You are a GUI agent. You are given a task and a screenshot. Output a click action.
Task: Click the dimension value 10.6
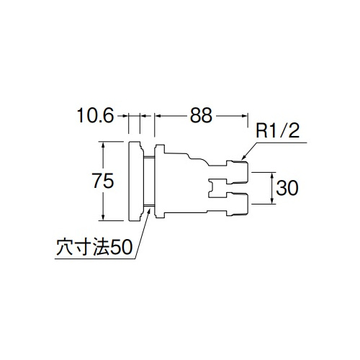pos(95,115)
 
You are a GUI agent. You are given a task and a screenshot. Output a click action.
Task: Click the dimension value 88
pos(201,115)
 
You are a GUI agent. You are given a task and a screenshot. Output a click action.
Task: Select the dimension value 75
pos(103,181)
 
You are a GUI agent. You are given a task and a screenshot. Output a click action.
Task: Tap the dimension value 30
pos(287,188)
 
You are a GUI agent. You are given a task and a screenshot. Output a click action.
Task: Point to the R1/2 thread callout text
pos(278,131)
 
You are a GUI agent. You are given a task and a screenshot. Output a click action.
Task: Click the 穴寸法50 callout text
pos(94,247)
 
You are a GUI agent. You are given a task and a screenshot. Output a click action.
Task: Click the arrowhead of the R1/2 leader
pos(243,157)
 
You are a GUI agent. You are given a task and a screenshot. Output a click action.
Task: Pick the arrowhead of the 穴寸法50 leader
pos(149,212)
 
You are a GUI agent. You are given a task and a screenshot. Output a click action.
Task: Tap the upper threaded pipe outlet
pos(237,171)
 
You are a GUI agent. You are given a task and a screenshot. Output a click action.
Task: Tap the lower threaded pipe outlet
pos(237,204)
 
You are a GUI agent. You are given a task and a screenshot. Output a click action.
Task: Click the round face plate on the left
pos(136,181)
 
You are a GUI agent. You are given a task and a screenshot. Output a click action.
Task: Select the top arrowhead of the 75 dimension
pos(103,145)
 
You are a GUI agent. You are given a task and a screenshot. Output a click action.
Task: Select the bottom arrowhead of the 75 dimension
pos(103,217)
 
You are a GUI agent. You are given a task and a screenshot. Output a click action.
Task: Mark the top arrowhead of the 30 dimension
pos(272,175)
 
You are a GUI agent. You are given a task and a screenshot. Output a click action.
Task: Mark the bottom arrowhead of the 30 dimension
pos(272,201)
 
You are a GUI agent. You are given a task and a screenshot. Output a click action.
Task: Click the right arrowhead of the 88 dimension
pos(244,116)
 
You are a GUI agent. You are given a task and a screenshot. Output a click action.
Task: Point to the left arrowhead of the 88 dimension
pos(158,116)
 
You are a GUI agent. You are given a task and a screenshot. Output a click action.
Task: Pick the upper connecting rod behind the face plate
pos(149,157)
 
